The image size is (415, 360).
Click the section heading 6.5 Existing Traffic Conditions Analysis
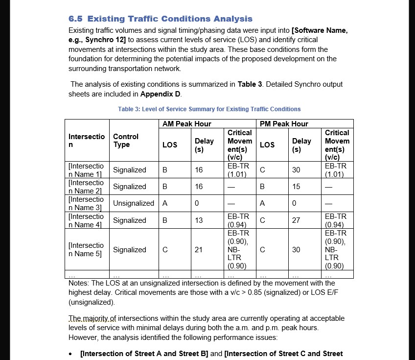pyautogui.click(x=161, y=19)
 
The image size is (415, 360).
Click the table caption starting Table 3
pyautogui.click(x=209, y=109)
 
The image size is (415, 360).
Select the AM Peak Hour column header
pyautogui.click(x=186, y=124)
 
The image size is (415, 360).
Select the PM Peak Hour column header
pyautogui.click(x=284, y=124)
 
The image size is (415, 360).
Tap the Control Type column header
pyautogui.click(x=126, y=141)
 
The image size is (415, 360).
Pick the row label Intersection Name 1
pyautogui.click(x=86, y=170)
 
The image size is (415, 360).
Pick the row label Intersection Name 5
pyautogui.click(x=86, y=249)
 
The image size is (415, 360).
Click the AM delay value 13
pyautogui.click(x=199, y=220)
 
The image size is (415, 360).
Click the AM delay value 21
pyautogui.click(x=199, y=250)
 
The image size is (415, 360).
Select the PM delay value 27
pyautogui.click(x=296, y=220)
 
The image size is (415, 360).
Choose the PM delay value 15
pyautogui.click(x=296, y=187)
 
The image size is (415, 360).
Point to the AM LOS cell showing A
pyautogui.click(x=165, y=203)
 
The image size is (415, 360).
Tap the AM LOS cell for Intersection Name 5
pyautogui.click(x=165, y=250)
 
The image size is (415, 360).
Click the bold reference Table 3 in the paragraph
pyautogui.click(x=246, y=84)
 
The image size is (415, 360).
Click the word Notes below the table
pyautogui.click(x=78, y=283)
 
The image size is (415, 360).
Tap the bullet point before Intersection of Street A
pyautogui.click(x=72, y=354)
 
